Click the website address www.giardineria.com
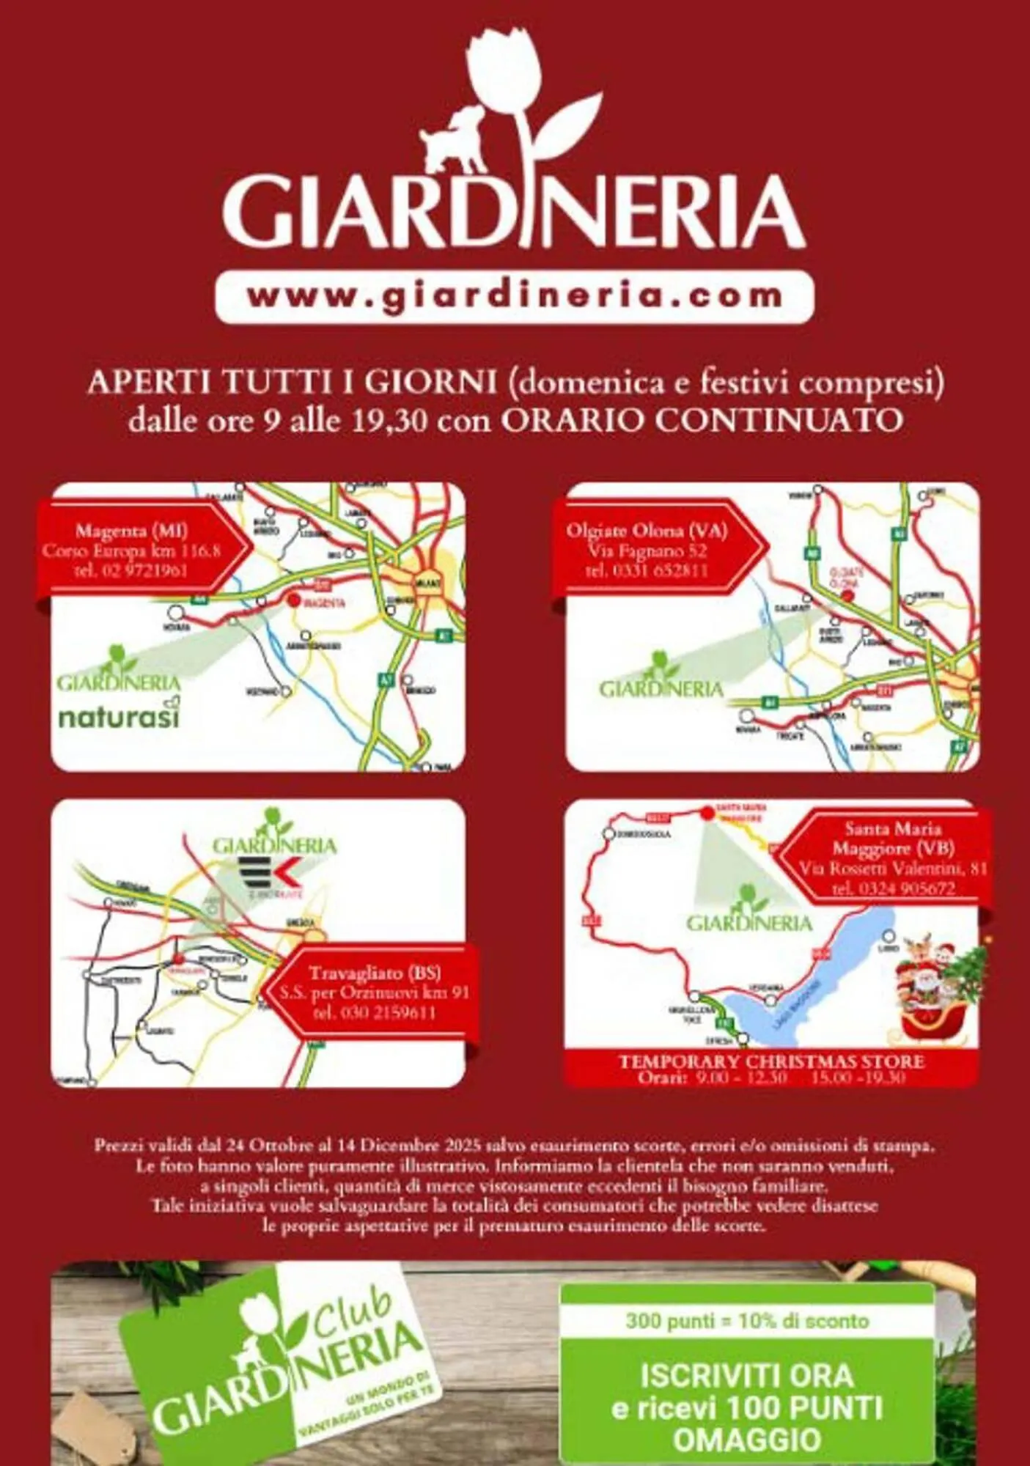[x=514, y=297]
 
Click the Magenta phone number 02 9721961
[x=131, y=570]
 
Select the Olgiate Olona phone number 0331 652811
[x=647, y=570]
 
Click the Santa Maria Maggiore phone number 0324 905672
[x=893, y=888]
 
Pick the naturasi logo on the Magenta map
[x=118, y=716]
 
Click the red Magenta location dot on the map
[x=293, y=600]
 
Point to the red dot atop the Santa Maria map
[x=707, y=812]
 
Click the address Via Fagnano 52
[x=647, y=550]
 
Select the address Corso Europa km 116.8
[x=131, y=550]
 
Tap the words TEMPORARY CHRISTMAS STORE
[x=771, y=1061]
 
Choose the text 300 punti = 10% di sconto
[x=747, y=1322]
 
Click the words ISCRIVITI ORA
[x=747, y=1375]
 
